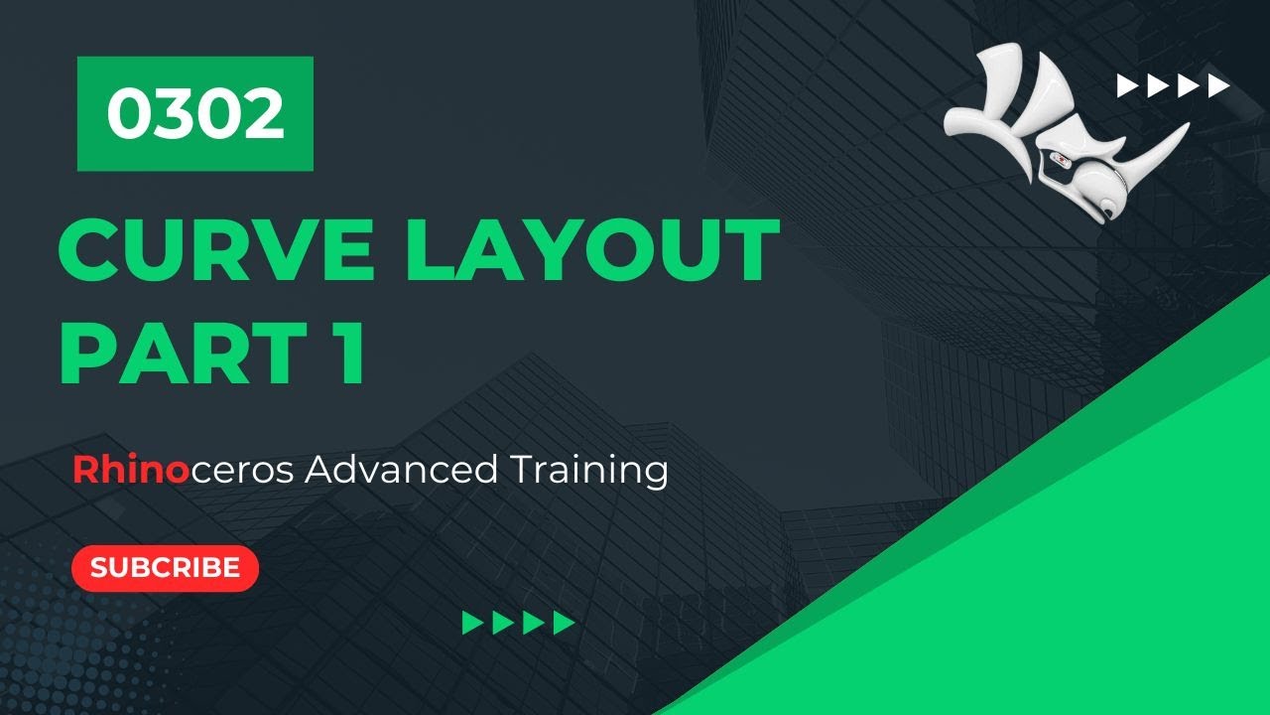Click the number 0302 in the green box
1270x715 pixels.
(195, 114)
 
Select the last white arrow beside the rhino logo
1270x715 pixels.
(1218, 86)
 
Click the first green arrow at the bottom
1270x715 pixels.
(473, 623)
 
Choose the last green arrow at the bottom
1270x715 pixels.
(565, 623)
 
